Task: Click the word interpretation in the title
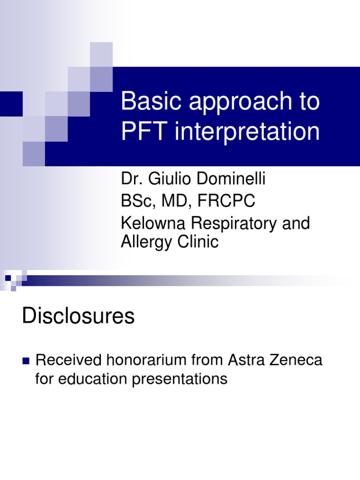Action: coord(247,132)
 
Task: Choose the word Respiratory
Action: coord(232,224)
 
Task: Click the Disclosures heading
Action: coord(78,317)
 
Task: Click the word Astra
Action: coord(245,360)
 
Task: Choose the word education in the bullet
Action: coord(94,379)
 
